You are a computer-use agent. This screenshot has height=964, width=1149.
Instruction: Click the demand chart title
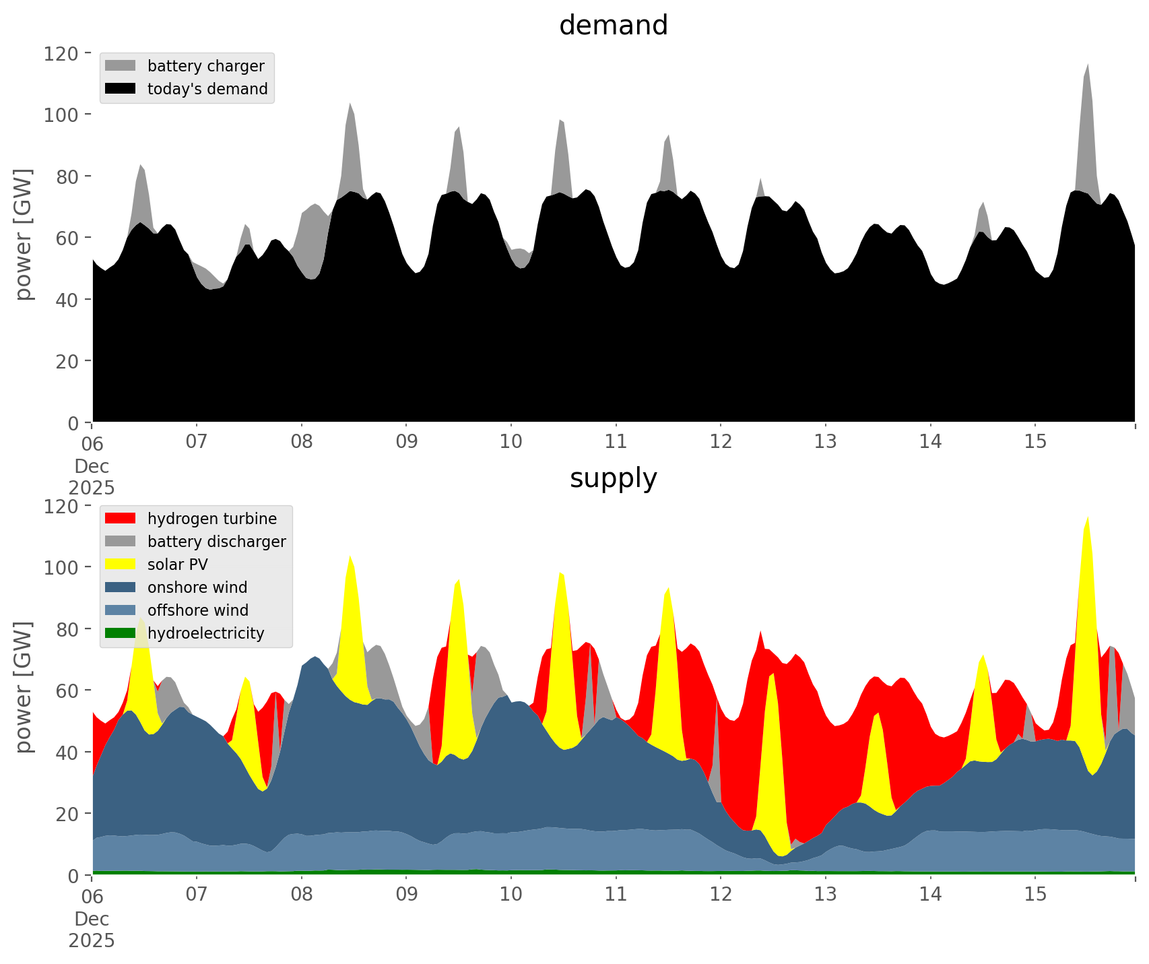pos(613,26)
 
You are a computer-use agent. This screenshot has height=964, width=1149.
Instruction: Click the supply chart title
pos(613,478)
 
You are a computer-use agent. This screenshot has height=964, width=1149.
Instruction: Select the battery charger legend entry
pos(205,66)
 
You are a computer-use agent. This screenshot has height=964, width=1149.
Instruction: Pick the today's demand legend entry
pos(207,89)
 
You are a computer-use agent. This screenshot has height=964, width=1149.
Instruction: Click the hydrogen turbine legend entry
pos(211,519)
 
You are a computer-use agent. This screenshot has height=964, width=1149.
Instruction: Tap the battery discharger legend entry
pos(216,542)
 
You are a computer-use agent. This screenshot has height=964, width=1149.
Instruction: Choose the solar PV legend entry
pos(177,565)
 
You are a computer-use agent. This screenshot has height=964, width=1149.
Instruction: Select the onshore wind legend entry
pos(197,587)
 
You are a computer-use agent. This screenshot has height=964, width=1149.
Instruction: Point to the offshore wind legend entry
pos(197,610)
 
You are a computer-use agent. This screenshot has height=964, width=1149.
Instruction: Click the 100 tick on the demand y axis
pos(61,115)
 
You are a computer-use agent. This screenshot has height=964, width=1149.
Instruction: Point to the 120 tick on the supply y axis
pos(61,506)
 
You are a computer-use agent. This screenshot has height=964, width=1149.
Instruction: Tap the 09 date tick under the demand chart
pos(406,443)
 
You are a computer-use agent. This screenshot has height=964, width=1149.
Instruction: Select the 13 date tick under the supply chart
pos(825,895)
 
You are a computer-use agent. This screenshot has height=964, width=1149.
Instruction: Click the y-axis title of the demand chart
pos(23,234)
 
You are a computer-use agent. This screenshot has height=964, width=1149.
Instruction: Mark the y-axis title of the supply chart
pos(23,687)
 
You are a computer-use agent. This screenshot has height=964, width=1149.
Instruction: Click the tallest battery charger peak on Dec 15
pos(1087,67)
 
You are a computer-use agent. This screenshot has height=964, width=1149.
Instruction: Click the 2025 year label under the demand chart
pos(92,488)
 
